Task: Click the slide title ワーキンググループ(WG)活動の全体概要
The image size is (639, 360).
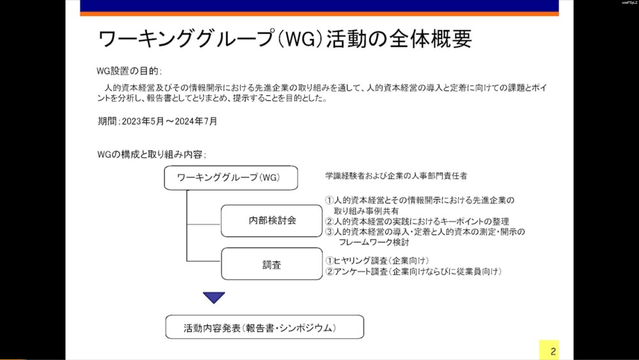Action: pyautogui.click(x=285, y=39)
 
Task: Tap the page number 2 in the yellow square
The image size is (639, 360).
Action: pyautogui.click(x=553, y=352)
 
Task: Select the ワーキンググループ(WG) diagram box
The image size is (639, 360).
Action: pyautogui.click(x=231, y=178)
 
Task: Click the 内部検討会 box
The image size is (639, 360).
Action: pyautogui.click(x=272, y=221)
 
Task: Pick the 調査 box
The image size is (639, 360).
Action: pyautogui.click(x=272, y=264)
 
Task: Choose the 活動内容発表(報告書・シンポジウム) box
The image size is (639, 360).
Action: pyautogui.click(x=265, y=327)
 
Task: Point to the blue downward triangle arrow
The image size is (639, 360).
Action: pyautogui.click(x=214, y=297)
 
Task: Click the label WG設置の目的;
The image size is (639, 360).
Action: pyautogui.click(x=129, y=71)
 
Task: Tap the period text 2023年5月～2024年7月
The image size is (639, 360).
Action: pyautogui.click(x=169, y=121)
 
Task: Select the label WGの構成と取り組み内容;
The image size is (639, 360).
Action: pyautogui.click(x=151, y=155)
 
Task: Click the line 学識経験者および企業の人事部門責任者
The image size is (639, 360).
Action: pyautogui.click(x=396, y=176)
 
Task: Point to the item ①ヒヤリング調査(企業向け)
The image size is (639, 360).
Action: pyautogui.click(x=377, y=260)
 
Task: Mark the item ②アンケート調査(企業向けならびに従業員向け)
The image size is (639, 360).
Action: pyautogui.click(x=413, y=271)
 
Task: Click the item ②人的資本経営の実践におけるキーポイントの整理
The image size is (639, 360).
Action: pyautogui.click(x=417, y=221)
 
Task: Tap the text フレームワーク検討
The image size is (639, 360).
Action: pyautogui.click(x=374, y=242)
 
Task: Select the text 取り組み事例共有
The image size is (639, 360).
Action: pyautogui.click(x=366, y=211)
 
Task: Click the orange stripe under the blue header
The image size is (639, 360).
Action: pyautogui.click(x=319, y=14)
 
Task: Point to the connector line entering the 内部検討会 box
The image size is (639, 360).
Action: pyautogui.click(x=204, y=224)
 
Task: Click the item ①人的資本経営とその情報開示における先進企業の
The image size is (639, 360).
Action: pyautogui.click(x=420, y=200)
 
